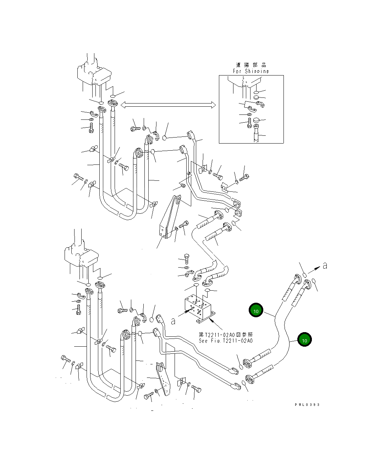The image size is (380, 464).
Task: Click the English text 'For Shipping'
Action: click(250, 71)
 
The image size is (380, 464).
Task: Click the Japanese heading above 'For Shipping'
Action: click(251, 65)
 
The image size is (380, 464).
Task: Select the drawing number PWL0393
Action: click(307, 404)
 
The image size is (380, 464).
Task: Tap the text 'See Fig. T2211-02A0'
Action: click(225, 341)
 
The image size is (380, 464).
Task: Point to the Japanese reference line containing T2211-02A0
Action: click(226, 335)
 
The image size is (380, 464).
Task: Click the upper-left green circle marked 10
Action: click(255, 311)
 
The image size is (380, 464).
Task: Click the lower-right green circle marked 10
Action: click(304, 340)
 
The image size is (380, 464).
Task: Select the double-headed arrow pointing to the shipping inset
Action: click(168, 105)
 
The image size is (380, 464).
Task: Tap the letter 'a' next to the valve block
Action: click(173, 321)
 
